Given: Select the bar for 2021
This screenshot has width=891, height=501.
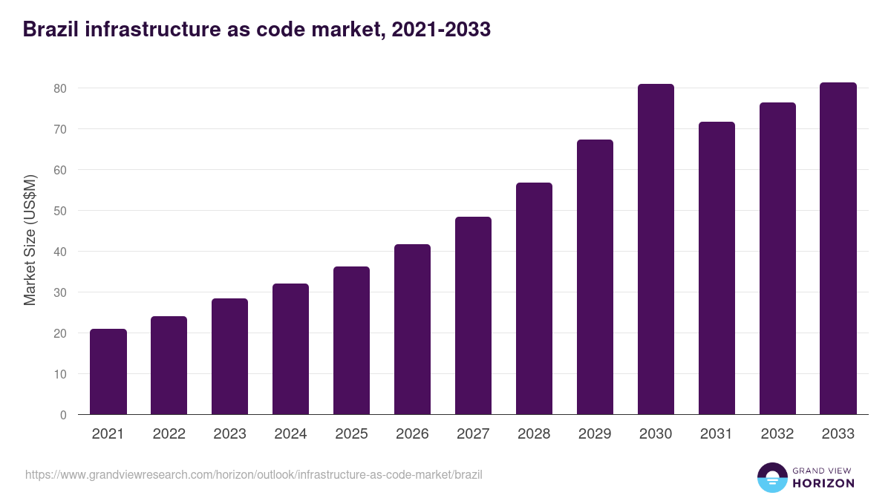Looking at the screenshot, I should (108, 372).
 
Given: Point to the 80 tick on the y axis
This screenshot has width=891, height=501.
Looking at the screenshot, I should (60, 88).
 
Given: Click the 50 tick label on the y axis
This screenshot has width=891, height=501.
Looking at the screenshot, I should (60, 211).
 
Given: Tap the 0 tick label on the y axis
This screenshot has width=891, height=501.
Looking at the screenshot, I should (63, 415).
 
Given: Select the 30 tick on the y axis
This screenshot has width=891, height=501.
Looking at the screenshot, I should (60, 292).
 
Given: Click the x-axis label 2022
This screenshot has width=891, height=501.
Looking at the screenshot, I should (169, 434).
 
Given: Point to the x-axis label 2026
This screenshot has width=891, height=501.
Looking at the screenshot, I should (412, 434).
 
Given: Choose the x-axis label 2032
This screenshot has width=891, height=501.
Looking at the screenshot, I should (777, 434).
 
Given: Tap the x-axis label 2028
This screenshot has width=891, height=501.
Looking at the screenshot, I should (534, 434).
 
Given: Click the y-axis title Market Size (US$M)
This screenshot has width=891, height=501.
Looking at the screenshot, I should (30, 240).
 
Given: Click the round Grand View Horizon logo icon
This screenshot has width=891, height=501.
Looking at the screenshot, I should (771, 478).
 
